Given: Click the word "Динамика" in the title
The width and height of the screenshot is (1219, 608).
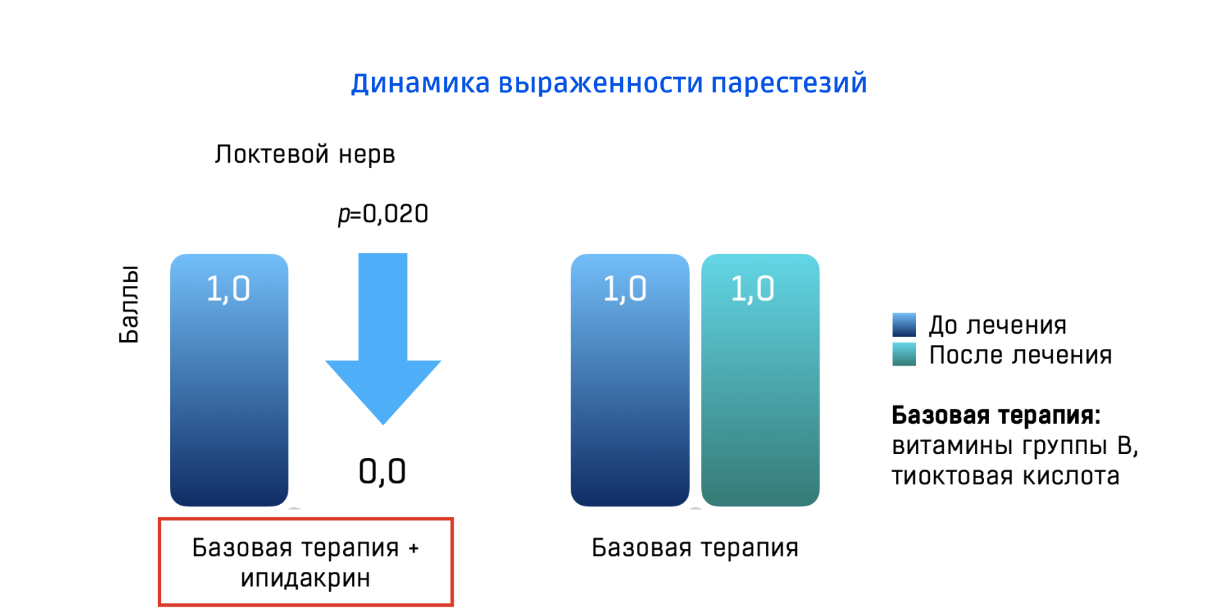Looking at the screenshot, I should point(420,84).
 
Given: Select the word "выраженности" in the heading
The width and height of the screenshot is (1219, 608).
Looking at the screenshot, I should point(601,84).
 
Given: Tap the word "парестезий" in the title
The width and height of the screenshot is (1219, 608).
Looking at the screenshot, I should point(788,84).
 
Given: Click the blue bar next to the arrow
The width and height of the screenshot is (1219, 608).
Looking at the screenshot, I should point(229,395).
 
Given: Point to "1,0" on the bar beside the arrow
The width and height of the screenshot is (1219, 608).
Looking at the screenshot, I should point(228,289).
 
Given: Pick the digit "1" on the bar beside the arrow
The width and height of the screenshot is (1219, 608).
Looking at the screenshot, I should point(213,289).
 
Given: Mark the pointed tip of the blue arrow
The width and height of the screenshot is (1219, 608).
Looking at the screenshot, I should point(383,424).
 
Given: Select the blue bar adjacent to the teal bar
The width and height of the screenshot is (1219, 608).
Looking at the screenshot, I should point(630,395).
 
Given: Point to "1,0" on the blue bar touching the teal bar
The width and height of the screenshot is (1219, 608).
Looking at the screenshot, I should point(625,289).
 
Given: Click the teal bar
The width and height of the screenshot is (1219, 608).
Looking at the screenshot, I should point(760,395).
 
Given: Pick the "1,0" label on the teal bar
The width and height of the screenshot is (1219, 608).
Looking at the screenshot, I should point(753,289).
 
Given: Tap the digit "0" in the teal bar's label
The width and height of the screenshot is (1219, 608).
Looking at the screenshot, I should point(765,289).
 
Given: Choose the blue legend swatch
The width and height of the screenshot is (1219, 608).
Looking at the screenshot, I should point(904,325).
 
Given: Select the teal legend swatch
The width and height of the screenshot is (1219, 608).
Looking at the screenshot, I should point(904,354).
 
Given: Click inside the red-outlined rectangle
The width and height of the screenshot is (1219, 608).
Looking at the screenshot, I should point(306,562).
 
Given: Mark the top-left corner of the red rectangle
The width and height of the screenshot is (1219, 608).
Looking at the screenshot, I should point(159,519).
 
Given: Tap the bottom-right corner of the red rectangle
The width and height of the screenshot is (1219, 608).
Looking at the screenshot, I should point(452,605).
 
